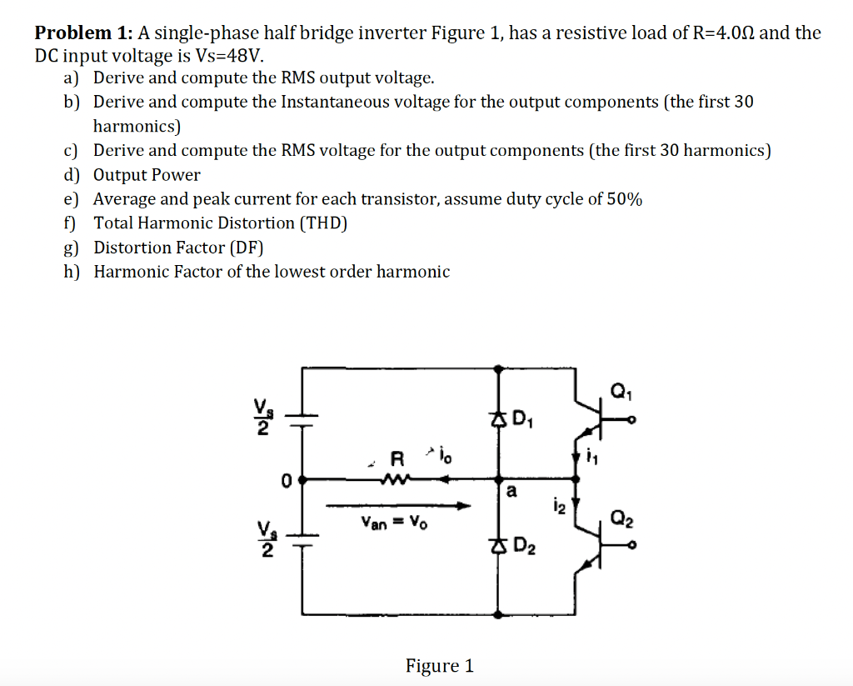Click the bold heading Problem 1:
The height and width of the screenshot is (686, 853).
[83, 33]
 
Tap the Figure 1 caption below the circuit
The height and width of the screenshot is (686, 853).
[439, 665]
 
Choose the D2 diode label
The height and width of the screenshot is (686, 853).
[524, 548]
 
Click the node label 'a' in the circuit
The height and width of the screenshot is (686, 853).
[510, 492]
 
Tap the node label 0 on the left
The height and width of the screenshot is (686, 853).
[286, 480]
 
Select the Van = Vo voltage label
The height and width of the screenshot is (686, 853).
[393, 523]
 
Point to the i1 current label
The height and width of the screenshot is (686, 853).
[594, 456]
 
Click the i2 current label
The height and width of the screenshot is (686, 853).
[557, 503]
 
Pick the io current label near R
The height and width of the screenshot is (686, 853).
[441, 454]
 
